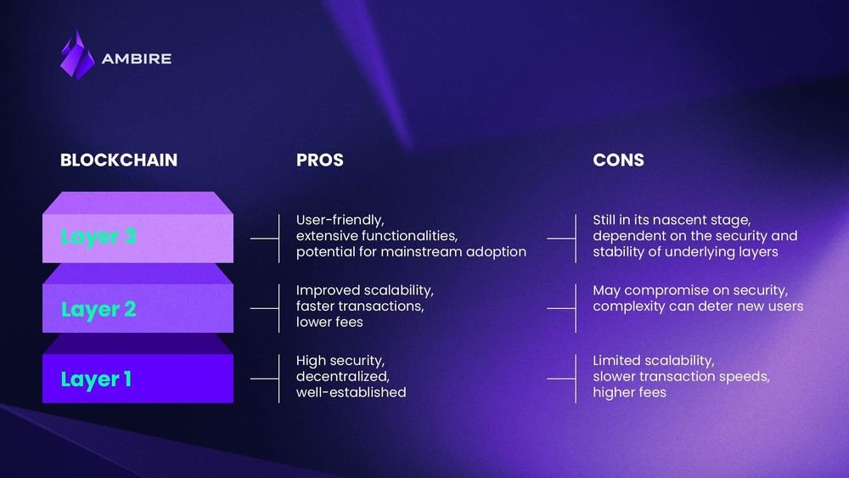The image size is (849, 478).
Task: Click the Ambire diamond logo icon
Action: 77,55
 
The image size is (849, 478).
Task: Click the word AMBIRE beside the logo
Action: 137,59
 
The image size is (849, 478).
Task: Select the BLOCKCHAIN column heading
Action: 119,160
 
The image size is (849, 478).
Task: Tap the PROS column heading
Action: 320,160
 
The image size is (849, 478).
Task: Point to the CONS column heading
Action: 618,160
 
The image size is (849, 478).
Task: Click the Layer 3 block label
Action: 98,237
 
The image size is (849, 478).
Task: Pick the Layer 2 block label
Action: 98,309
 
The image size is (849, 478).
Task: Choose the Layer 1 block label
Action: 96,379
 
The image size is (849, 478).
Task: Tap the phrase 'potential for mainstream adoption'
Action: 411,252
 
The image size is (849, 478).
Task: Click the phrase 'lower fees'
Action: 329,323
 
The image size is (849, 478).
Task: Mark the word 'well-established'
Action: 351,392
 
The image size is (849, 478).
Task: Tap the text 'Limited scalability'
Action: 653,361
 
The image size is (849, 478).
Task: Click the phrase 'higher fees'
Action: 629,392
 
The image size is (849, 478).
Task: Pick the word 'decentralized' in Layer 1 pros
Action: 342,376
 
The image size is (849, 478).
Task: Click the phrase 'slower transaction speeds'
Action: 681,376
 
